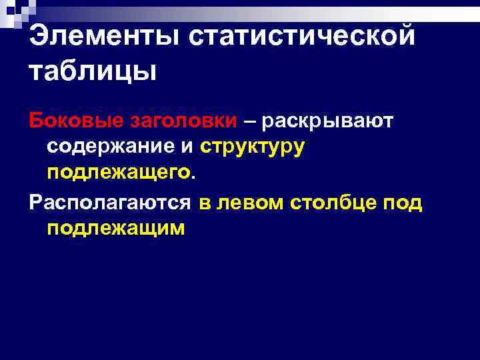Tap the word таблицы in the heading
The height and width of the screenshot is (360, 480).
click(x=93, y=71)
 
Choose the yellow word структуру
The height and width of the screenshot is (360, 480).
click(x=252, y=147)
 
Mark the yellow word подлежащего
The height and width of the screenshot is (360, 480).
click(x=118, y=173)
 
